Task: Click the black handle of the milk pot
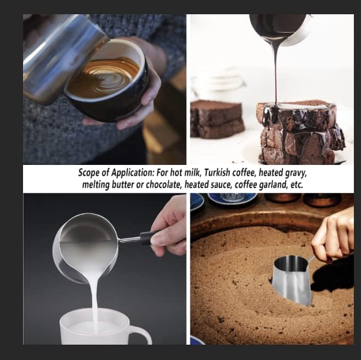click(x=147, y=238)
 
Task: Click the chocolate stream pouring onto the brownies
click(x=274, y=71)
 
